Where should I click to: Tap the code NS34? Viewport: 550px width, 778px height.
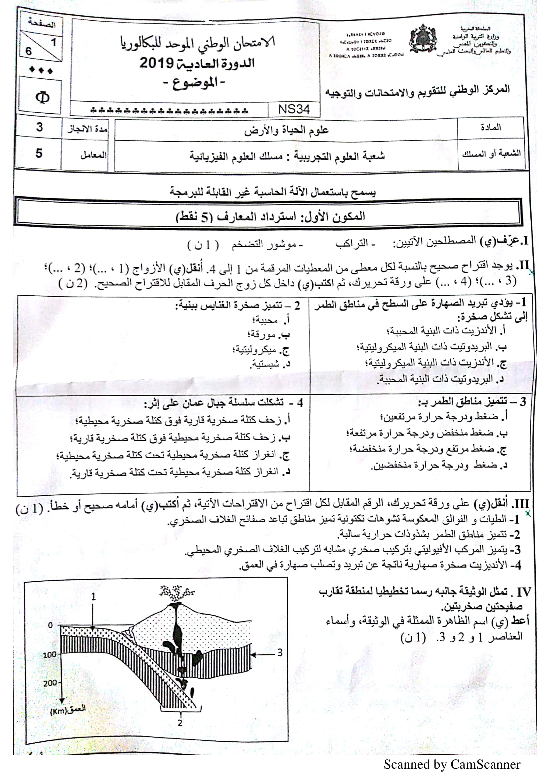[x=294, y=109]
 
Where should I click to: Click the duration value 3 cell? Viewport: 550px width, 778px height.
[x=39, y=127]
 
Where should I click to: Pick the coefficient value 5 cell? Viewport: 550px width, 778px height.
[x=39, y=153]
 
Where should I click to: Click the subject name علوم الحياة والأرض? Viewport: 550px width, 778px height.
[x=286, y=130]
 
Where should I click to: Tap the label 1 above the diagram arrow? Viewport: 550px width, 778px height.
[x=93, y=596]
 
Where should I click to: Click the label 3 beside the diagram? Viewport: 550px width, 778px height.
[x=280, y=652]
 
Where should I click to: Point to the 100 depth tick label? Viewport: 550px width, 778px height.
[x=49, y=655]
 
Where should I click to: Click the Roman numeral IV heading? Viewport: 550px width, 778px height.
[x=523, y=592]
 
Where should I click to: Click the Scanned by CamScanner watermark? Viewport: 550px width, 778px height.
[x=452, y=764]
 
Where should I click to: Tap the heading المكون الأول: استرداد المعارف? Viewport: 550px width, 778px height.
[x=271, y=216]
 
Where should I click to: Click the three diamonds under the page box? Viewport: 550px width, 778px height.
[x=41, y=70]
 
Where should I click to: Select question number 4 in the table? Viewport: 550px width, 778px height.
[x=299, y=403]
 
